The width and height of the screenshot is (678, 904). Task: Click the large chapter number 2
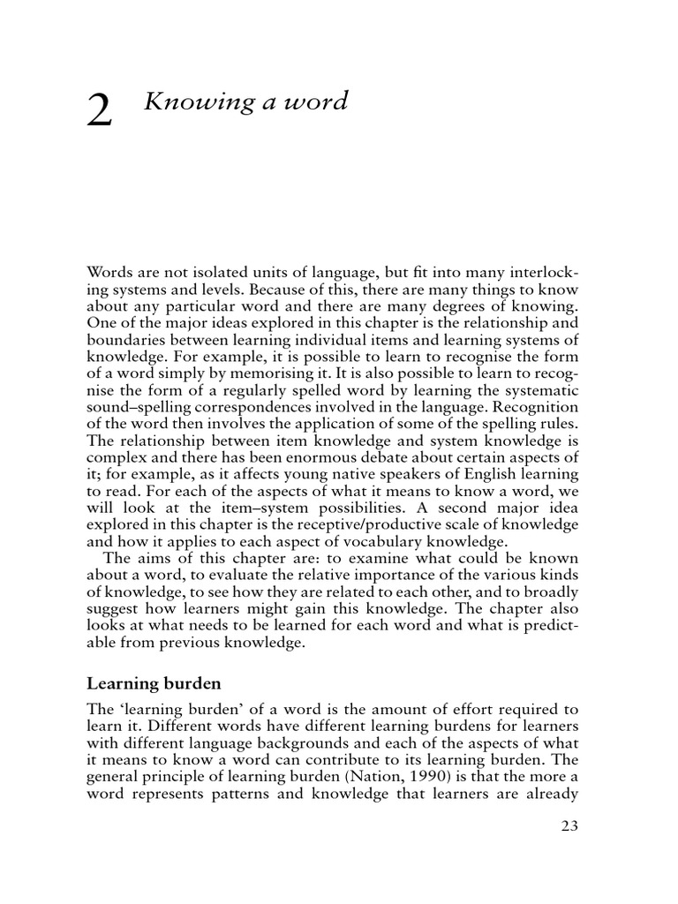[99, 112]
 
